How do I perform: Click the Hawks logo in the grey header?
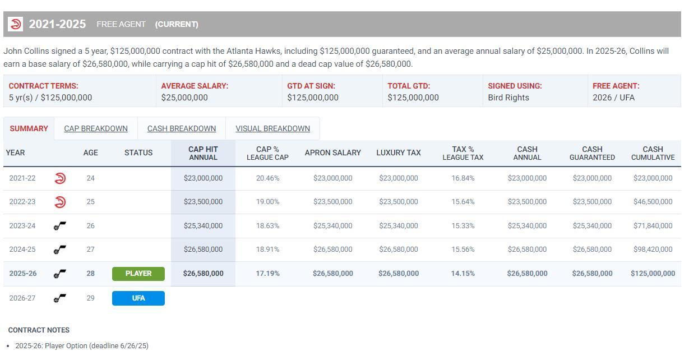click(x=15, y=24)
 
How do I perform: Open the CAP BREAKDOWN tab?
click(x=96, y=128)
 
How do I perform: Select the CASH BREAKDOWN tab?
click(x=182, y=128)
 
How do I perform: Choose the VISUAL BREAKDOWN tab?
click(x=272, y=128)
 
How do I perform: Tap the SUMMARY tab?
click(x=29, y=128)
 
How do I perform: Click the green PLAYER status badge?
click(x=138, y=274)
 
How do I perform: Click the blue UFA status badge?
click(x=138, y=298)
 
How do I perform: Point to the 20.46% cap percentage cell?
click(x=267, y=178)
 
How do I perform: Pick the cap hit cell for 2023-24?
click(x=203, y=226)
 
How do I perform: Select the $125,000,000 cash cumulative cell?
click(x=653, y=274)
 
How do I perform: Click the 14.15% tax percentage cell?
click(x=463, y=274)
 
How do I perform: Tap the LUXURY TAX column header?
click(x=398, y=153)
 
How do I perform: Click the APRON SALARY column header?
click(x=332, y=153)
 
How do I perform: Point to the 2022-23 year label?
click(x=22, y=202)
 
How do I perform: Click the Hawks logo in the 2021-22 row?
click(x=60, y=178)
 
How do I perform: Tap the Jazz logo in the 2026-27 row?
click(x=60, y=298)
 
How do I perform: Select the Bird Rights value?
click(x=508, y=98)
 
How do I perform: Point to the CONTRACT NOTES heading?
click(x=39, y=330)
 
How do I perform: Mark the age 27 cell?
click(x=90, y=250)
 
